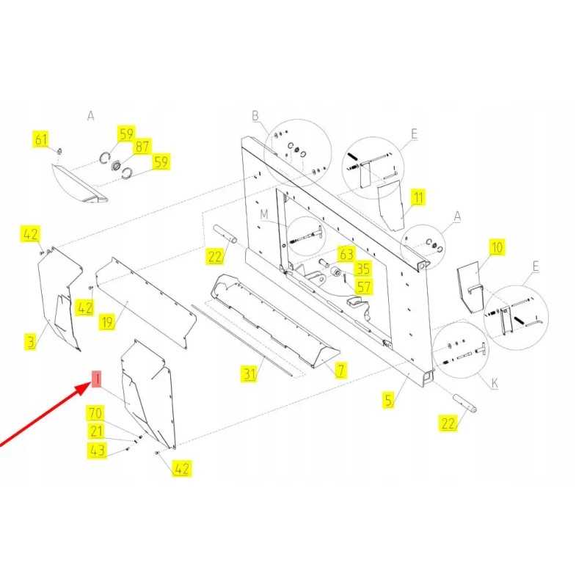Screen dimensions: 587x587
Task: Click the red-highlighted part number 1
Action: point(97,379)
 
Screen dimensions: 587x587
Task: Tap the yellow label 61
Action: point(41,139)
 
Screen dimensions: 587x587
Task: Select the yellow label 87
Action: point(142,146)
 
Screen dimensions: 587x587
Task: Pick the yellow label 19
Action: point(107,322)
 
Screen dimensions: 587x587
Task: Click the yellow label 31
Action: point(249,373)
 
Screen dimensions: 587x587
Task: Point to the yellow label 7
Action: point(340,370)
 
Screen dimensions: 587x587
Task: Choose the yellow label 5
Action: point(389,400)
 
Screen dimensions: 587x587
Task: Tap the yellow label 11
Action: point(418,197)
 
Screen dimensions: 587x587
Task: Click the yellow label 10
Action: point(497,247)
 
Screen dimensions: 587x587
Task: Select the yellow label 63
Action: point(346,254)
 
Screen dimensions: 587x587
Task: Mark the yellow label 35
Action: point(362,269)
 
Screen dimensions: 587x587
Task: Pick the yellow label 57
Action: point(363,287)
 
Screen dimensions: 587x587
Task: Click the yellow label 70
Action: point(95,413)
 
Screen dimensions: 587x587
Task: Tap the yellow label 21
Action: point(96,431)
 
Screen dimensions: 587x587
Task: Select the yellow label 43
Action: point(97,450)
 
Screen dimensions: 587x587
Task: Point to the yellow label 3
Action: point(31,342)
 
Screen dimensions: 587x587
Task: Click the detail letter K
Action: point(495,383)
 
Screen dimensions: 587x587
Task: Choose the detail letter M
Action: point(264,214)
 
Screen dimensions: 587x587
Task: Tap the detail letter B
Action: point(255,116)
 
